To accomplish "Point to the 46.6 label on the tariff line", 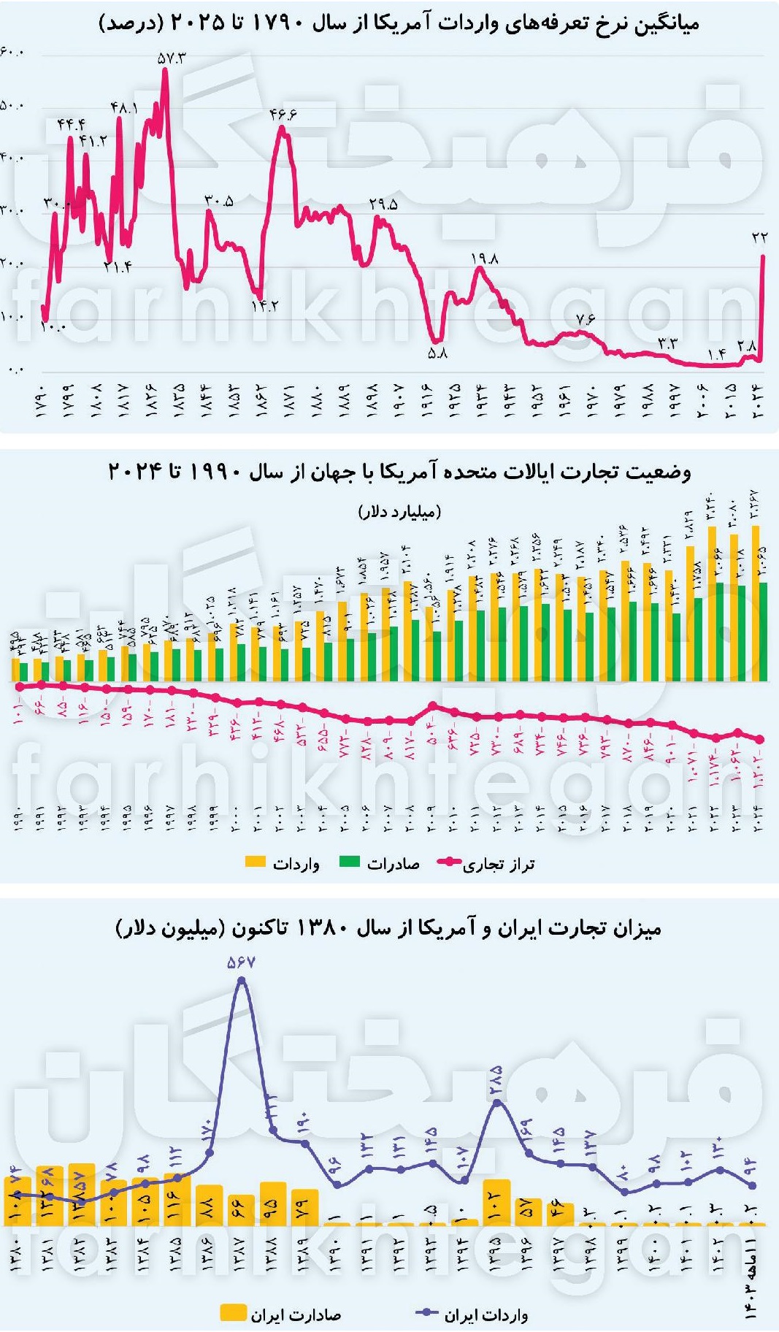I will tap(283, 115).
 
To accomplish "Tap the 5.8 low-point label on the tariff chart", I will tap(437, 353).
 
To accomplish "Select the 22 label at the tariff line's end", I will tap(759, 237).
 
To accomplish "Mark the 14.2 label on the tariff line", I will tap(264, 306).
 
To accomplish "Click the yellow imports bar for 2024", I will tap(755, 602).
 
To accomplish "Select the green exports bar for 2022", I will tap(720, 632).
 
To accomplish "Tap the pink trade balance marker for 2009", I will tap(432, 705).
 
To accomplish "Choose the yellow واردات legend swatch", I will tap(256, 862).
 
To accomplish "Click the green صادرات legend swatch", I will tap(350, 862).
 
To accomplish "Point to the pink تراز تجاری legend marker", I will tap(448, 862).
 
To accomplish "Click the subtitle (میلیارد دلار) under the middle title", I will tap(399, 511).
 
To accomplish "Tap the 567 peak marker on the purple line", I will tap(242, 981).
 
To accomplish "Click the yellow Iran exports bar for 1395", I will tap(496, 1202).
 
